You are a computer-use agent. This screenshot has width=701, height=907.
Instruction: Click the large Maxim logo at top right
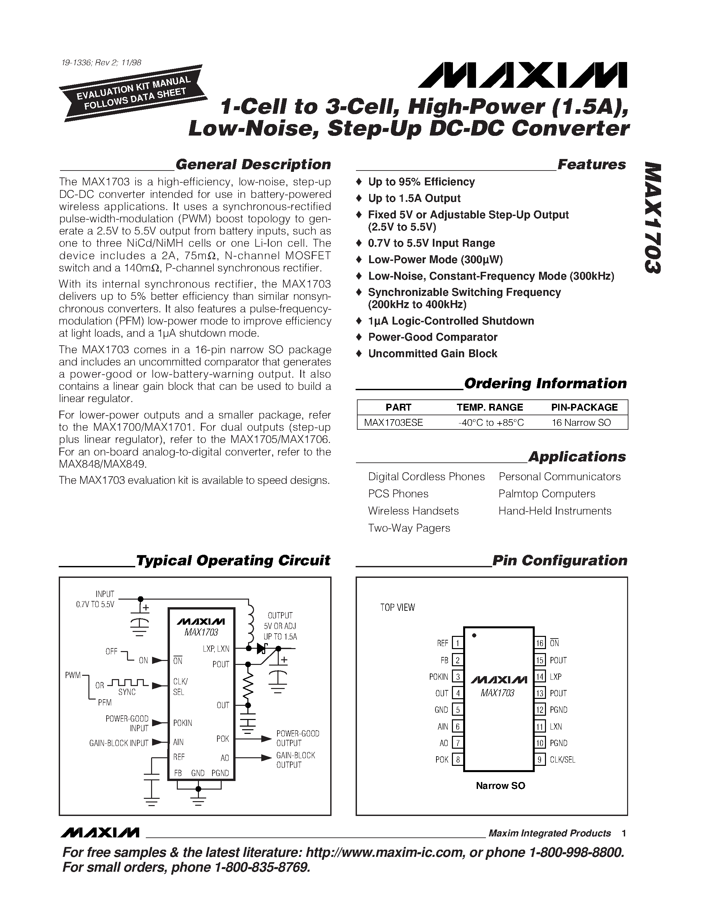(x=523, y=76)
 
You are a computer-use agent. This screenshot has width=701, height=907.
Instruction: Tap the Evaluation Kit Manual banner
(x=133, y=93)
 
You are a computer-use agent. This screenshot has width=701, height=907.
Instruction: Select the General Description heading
(x=253, y=165)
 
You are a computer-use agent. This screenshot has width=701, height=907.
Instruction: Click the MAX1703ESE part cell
(x=393, y=422)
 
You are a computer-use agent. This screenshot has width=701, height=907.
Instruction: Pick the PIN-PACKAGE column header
(x=584, y=407)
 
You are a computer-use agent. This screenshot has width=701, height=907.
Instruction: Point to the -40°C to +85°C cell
(x=491, y=422)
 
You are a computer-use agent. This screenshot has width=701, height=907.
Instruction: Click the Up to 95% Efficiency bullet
(x=421, y=182)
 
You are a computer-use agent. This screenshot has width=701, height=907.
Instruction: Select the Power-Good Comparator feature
(x=432, y=337)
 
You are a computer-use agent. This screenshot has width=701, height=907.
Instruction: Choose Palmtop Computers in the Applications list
(x=547, y=493)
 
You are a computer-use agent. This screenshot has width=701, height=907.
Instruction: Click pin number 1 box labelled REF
(x=457, y=643)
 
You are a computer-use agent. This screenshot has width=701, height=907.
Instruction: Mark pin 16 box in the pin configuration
(x=539, y=643)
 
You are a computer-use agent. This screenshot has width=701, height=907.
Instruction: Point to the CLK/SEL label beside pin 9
(x=562, y=760)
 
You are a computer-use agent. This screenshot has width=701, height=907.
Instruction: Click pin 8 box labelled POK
(x=457, y=760)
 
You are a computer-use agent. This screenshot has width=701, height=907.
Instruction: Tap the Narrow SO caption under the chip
(x=500, y=786)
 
